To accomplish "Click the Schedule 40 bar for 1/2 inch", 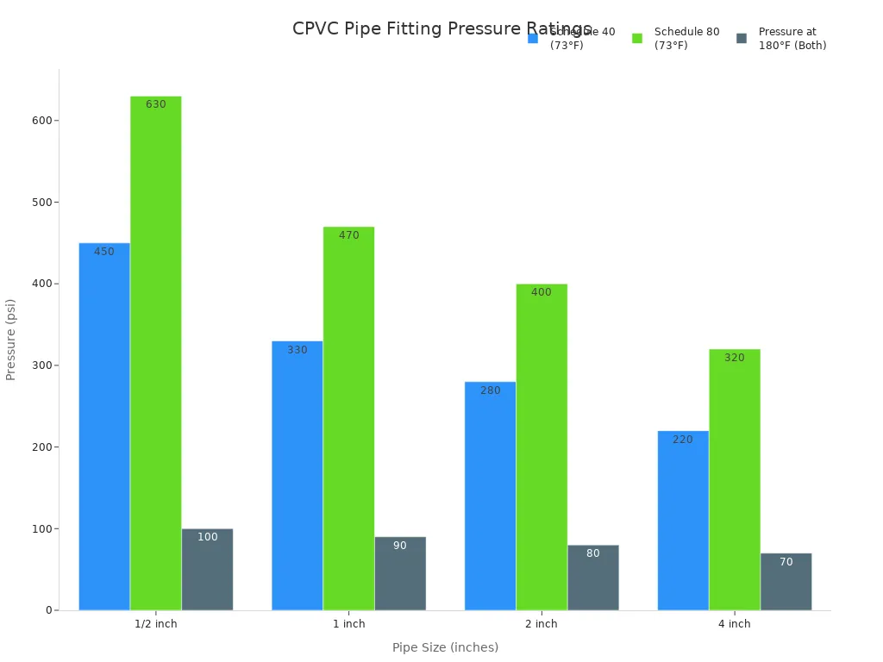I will click(x=104, y=427).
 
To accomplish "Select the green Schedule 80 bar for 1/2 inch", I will click(x=156, y=353).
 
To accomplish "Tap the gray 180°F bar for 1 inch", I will click(x=400, y=573).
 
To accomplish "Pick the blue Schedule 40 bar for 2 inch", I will click(x=490, y=496).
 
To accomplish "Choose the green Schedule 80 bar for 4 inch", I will click(x=735, y=479).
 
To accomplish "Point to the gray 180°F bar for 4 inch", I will click(x=786, y=582).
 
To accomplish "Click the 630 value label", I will click(x=156, y=104).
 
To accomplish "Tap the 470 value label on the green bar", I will click(x=349, y=235).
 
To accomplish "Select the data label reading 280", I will click(x=491, y=390).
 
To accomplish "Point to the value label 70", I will click(x=786, y=562).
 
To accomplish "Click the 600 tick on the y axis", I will click(x=41, y=121).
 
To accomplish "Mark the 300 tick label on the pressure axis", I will click(x=41, y=365).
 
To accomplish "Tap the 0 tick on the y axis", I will click(x=50, y=610).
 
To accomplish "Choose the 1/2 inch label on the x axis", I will click(x=156, y=624).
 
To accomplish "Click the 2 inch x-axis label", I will click(x=542, y=624).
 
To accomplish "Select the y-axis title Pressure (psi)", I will click(x=11, y=340).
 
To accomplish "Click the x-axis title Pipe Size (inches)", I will click(x=445, y=647).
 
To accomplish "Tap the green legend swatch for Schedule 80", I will click(x=637, y=39).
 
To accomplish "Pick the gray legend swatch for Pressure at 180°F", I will click(x=742, y=39).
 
